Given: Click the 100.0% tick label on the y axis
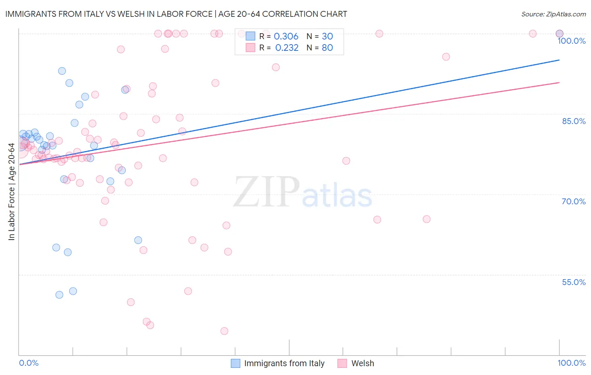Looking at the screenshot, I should tap(571, 41).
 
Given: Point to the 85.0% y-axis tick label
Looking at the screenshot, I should tap(573, 121).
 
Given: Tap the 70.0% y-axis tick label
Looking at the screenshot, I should tap(573, 201).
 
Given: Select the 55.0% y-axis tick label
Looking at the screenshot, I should tap(573, 282).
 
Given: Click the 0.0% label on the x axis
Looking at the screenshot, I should tap(29, 363).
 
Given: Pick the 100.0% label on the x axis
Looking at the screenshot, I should tap(571, 363).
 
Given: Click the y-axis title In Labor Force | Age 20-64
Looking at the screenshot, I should tap(11, 192).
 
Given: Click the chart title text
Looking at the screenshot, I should tap(176, 14).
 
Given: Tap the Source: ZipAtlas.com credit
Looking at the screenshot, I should tap(553, 14).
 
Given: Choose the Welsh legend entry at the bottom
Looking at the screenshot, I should tap(362, 363).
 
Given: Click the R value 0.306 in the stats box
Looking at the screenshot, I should tap(286, 37).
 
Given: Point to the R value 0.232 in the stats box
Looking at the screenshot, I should tap(287, 48).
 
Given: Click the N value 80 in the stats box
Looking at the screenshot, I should tap(327, 48).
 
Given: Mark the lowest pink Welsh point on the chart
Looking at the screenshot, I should tap(224, 331).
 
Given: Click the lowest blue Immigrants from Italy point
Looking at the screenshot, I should tap(59, 295).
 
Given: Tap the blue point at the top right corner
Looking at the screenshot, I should tap(559, 34).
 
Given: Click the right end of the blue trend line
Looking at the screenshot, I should tap(559, 60).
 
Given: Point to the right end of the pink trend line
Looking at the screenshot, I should tap(559, 82).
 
